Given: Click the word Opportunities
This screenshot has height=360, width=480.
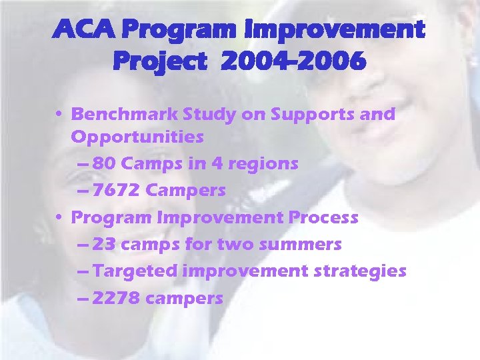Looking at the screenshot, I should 137,137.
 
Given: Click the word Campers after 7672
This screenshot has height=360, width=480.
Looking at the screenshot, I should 186,191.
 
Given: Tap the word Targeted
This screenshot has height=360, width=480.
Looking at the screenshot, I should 135,271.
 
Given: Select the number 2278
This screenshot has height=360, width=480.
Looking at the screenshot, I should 116,298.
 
